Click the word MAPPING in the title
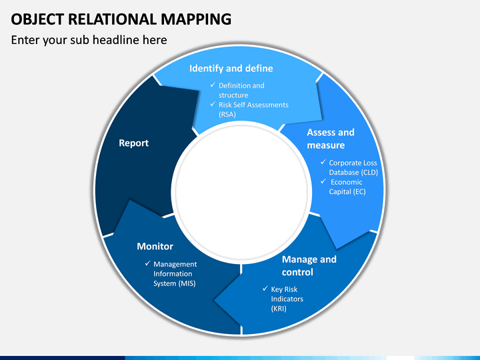click(x=196, y=19)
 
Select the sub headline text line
click(x=89, y=40)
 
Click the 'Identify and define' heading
click(x=231, y=68)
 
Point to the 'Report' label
click(x=134, y=143)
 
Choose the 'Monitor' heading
click(x=155, y=246)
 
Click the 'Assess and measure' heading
click(x=331, y=139)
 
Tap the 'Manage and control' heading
click(x=309, y=266)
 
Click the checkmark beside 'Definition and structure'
click(x=213, y=85)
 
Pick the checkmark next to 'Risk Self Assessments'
click(x=213, y=104)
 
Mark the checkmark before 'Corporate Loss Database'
click(x=323, y=162)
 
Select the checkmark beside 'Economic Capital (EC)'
click(x=323, y=181)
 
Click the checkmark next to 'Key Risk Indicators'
click(x=265, y=289)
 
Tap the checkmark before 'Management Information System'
click(x=148, y=263)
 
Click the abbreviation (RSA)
click(x=227, y=115)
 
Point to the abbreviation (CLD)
click(x=370, y=173)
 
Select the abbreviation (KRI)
click(x=279, y=309)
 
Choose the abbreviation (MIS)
click(x=187, y=283)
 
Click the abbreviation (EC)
click(x=359, y=191)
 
